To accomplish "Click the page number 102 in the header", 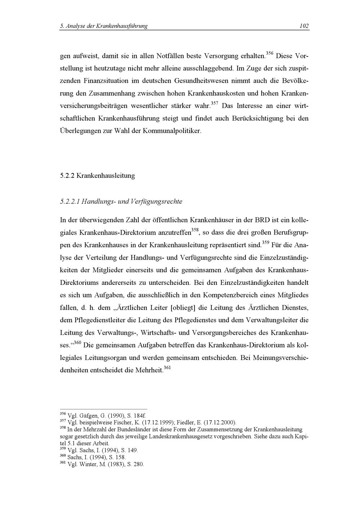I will click(304, 26).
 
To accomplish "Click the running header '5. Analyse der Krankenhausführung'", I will click(104, 26).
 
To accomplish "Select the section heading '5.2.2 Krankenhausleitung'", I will click(97, 176).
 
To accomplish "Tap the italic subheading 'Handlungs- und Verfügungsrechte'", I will click(132, 201).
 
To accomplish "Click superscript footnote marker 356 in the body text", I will click(270, 54).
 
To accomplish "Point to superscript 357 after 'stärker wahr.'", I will click(215, 104).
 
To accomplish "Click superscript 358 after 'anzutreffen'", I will click(195, 230).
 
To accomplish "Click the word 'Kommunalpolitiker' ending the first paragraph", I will click(172, 131).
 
